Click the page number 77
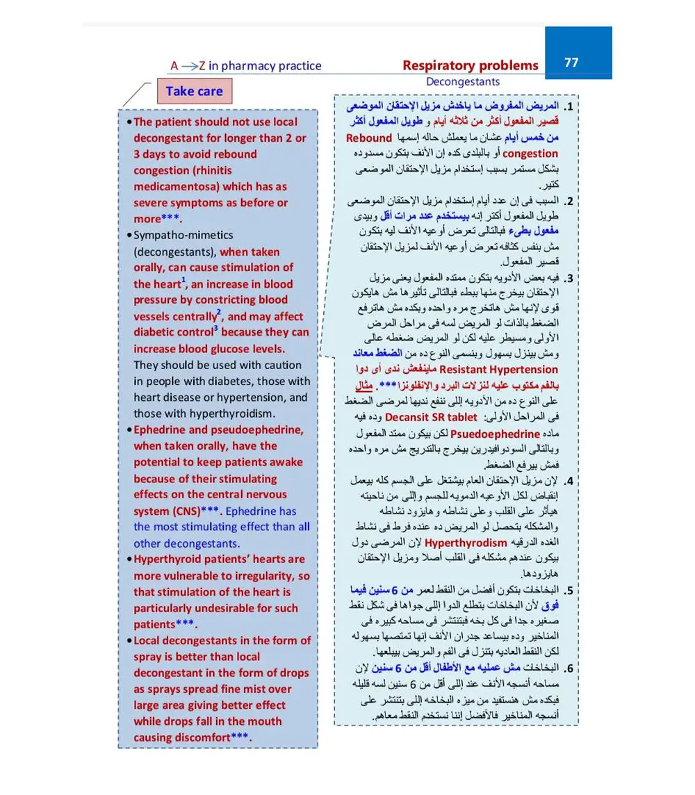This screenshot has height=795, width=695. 571,63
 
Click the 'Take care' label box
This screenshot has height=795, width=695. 194,91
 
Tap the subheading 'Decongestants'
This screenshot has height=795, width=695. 462,82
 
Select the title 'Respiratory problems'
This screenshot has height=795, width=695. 471,65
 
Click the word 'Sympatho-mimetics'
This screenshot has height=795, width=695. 183,235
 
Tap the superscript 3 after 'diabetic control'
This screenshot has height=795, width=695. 215,329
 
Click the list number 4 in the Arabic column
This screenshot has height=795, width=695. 569,481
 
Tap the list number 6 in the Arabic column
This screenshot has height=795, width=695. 569,669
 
